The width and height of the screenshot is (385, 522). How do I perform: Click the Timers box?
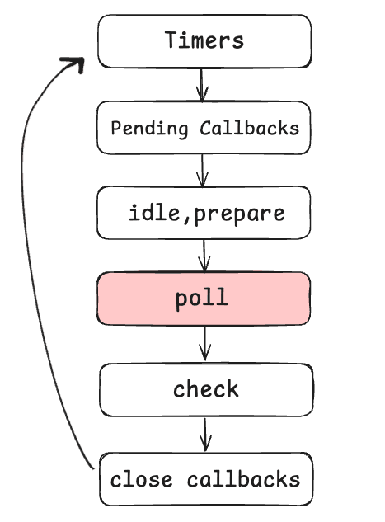tap(204, 41)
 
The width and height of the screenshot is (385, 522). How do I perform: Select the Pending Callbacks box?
tap(204, 128)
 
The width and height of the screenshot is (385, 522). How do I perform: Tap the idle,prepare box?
tap(204, 213)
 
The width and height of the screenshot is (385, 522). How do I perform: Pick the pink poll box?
tap(204, 299)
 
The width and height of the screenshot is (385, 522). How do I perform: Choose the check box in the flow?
tap(206, 389)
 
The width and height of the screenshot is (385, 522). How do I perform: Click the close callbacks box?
tap(206, 479)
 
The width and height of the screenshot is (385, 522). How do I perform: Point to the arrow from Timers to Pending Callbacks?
tap(202, 84)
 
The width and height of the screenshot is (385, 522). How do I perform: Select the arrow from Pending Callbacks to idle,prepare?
tap(204, 170)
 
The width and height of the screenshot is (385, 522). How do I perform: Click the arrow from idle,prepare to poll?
tap(204, 255)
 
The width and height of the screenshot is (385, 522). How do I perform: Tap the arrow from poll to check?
tap(205, 344)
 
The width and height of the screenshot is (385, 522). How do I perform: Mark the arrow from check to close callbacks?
tap(206, 434)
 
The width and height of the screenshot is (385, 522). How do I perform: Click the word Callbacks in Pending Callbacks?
tap(249, 129)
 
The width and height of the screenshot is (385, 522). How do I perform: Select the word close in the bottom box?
tap(143, 479)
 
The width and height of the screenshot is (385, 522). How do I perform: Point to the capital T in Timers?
tap(171, 40)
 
